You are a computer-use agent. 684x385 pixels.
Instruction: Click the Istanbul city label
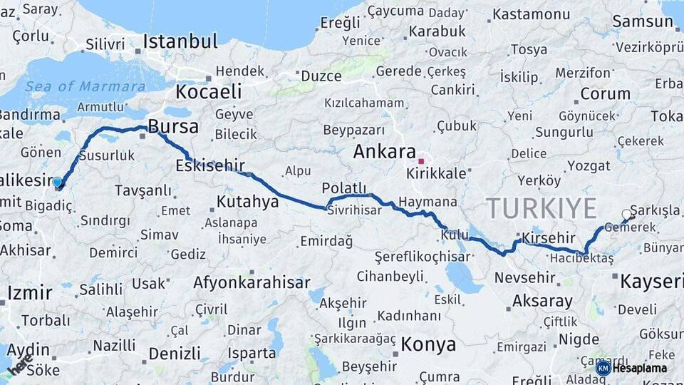click(180, 41)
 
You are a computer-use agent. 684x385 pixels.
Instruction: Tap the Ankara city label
click(384, 152)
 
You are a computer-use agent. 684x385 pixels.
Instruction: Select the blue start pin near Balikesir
click(58, 183)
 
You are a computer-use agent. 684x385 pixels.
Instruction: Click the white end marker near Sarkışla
click(626, 214)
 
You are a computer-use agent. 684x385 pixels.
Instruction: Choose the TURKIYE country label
click(541, 208)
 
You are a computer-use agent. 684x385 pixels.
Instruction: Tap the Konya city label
click(427, 345)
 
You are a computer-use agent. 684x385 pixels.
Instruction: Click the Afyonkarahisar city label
click(252, 282)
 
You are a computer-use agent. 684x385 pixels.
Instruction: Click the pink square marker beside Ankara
click(422, 160)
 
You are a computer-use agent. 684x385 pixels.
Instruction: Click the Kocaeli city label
click(209, 91)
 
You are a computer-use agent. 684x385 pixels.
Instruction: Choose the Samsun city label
click(643, 21)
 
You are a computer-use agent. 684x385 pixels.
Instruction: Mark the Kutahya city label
click(247, 202)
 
